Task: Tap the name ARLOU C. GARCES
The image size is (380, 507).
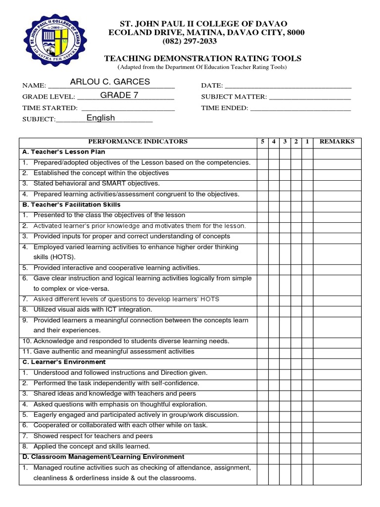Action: [110, 82]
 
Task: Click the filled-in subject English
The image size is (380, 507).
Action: [100, 118]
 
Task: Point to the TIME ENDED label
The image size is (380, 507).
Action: [224, 108]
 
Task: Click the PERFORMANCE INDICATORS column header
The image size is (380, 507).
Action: [138, 142]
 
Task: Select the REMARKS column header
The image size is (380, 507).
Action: [337, 142]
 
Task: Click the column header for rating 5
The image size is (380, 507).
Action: [262, 142]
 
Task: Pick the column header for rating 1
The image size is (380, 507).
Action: [307, 142]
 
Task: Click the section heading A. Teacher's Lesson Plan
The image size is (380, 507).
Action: [64, 152]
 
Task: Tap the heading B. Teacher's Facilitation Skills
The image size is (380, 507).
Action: [71, 204]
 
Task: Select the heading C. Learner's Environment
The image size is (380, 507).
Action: [64, 362]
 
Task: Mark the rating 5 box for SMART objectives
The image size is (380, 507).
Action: [262, 184]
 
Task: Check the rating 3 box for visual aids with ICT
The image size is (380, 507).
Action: [285, 309]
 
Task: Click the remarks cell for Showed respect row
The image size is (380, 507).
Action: [337, 436]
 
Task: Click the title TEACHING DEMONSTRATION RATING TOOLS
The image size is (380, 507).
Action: [202, 58]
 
